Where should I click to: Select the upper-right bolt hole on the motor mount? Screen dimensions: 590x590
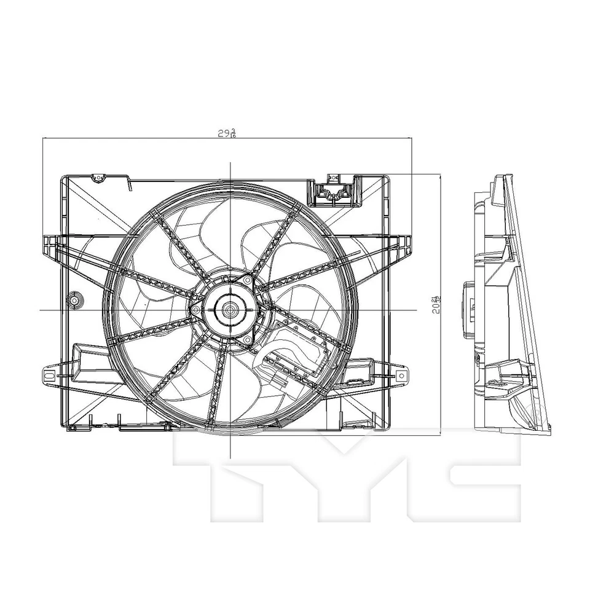(247, 281)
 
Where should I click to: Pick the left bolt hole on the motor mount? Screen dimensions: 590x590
(196, 310)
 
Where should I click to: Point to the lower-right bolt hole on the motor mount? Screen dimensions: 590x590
(247, 339)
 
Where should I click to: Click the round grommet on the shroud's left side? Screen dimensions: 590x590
(75, 301)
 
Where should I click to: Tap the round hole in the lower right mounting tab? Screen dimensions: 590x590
(401, 374)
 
